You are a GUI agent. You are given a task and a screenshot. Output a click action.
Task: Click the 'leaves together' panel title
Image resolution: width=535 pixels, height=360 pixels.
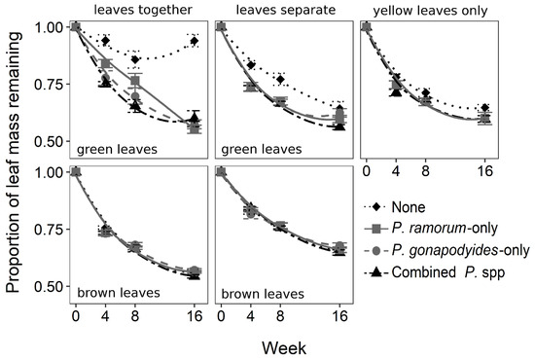pyautogui.click(x=143, y=10)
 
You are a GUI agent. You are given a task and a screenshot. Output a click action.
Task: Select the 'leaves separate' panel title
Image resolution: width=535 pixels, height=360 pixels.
pyautogui.click(x=286, y=10)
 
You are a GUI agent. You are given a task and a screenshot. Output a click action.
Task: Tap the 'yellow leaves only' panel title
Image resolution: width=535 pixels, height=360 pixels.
pyautogui.click(x=430, y=12)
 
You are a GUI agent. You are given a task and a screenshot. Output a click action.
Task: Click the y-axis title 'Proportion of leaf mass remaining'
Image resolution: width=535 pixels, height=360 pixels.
pyautogui.click(x=14, y=162)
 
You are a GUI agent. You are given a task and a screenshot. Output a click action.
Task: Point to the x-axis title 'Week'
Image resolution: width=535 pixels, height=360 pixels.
pyautogui.click(x=284, y=348)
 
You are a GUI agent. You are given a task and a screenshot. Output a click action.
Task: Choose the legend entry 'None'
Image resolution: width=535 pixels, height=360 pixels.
pyautogui.click(x=409, y=207)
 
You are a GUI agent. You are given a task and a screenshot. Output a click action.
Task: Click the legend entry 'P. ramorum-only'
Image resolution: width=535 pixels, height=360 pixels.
pyautogui.click(x=445, y=228)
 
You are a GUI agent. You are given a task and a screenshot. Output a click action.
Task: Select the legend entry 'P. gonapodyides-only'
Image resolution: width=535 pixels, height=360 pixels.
pyautogui.click(x=461, y=250)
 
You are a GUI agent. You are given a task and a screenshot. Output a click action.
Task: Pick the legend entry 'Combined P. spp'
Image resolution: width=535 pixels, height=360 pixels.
pyautogui.click(x=448, y=272)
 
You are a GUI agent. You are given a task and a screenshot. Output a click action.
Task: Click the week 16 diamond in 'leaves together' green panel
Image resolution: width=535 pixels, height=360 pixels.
pyautogui.click(x=195, y=41)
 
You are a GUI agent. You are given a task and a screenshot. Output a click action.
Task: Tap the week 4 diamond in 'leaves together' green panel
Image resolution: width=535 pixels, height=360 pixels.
pyautogui.click(x=105, y=41)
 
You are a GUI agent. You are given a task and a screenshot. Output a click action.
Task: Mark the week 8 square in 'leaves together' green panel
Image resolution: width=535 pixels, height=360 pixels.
pyautogui.click(x=135, y=81)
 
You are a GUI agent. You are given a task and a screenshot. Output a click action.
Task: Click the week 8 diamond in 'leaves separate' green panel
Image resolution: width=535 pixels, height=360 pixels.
pyautogui.click(x=280, y=80)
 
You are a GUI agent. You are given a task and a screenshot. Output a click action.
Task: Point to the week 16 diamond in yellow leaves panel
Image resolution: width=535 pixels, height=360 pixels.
pyautogui.click(x=484, y=108)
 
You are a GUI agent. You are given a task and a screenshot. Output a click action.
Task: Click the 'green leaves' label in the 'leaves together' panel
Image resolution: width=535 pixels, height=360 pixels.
pyautogui.click(x=117, y=149)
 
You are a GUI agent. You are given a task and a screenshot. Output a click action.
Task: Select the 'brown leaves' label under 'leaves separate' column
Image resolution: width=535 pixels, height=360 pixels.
pyautogui.click(x=263, y=294)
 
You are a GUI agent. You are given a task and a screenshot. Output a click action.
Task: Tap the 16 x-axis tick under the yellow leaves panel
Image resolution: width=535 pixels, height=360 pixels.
pyautogui.click(x=484, y=170)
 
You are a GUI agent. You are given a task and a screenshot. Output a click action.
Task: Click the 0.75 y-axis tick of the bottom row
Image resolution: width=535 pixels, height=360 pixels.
pyautogui.click(x=50, y=230)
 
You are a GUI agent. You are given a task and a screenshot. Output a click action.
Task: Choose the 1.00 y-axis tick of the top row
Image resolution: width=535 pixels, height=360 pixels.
pyautogui.click(x=50, y=27)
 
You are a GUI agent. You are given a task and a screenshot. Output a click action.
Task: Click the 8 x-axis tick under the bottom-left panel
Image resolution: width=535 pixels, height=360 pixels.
pyautogui.click(x=135, y=316)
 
